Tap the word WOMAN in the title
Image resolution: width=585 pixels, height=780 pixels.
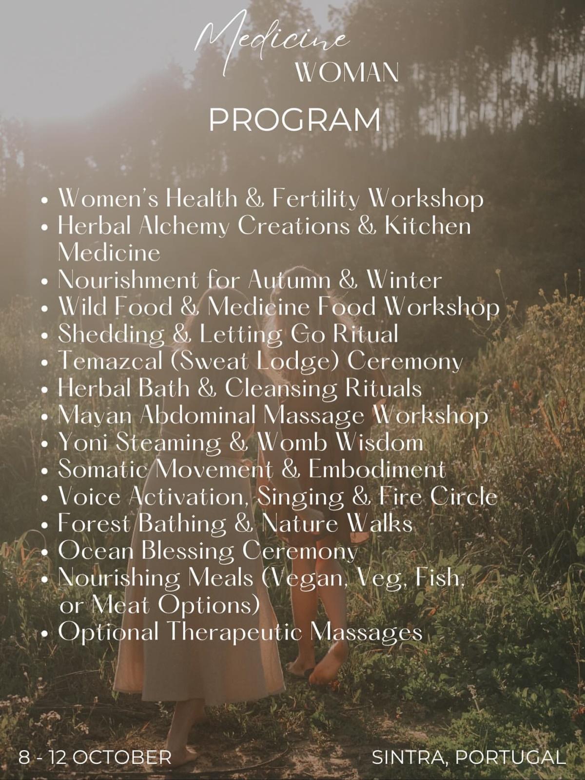[x=347, y=73]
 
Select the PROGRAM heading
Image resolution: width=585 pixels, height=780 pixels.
[x=294, y=120]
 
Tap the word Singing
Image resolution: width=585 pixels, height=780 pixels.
[x=300, y=497]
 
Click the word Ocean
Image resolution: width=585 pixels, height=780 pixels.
[x=96, y=551]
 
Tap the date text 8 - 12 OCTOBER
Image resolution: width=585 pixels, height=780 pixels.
[x=95, y=757]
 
